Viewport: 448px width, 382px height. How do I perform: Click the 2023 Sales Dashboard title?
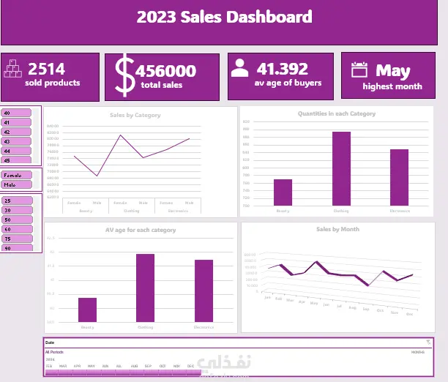point(224,17)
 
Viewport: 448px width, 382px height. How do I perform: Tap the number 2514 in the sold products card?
point(46,70)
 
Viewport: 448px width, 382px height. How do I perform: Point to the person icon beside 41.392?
point(239,69)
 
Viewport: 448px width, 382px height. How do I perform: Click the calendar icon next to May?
point(359,70)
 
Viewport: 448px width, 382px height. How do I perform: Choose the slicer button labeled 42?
point(17,132)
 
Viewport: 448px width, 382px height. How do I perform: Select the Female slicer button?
point(17,176)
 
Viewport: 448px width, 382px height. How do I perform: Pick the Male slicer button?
point(17,184)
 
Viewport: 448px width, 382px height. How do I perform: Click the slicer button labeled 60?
point(17,229)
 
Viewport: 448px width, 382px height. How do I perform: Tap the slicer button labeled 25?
point(17,201)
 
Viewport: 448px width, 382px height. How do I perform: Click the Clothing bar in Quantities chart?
point(341,168)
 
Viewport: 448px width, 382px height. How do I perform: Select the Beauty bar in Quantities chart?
point(283,192)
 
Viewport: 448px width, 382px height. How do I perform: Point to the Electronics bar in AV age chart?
point(204,291)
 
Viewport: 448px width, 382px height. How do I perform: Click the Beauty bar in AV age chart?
point(87,310)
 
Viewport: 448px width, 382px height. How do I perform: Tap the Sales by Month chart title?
point(337,229)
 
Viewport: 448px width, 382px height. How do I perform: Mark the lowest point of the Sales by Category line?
point(97,176)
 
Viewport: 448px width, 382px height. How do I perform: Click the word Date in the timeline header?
point(50,342)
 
